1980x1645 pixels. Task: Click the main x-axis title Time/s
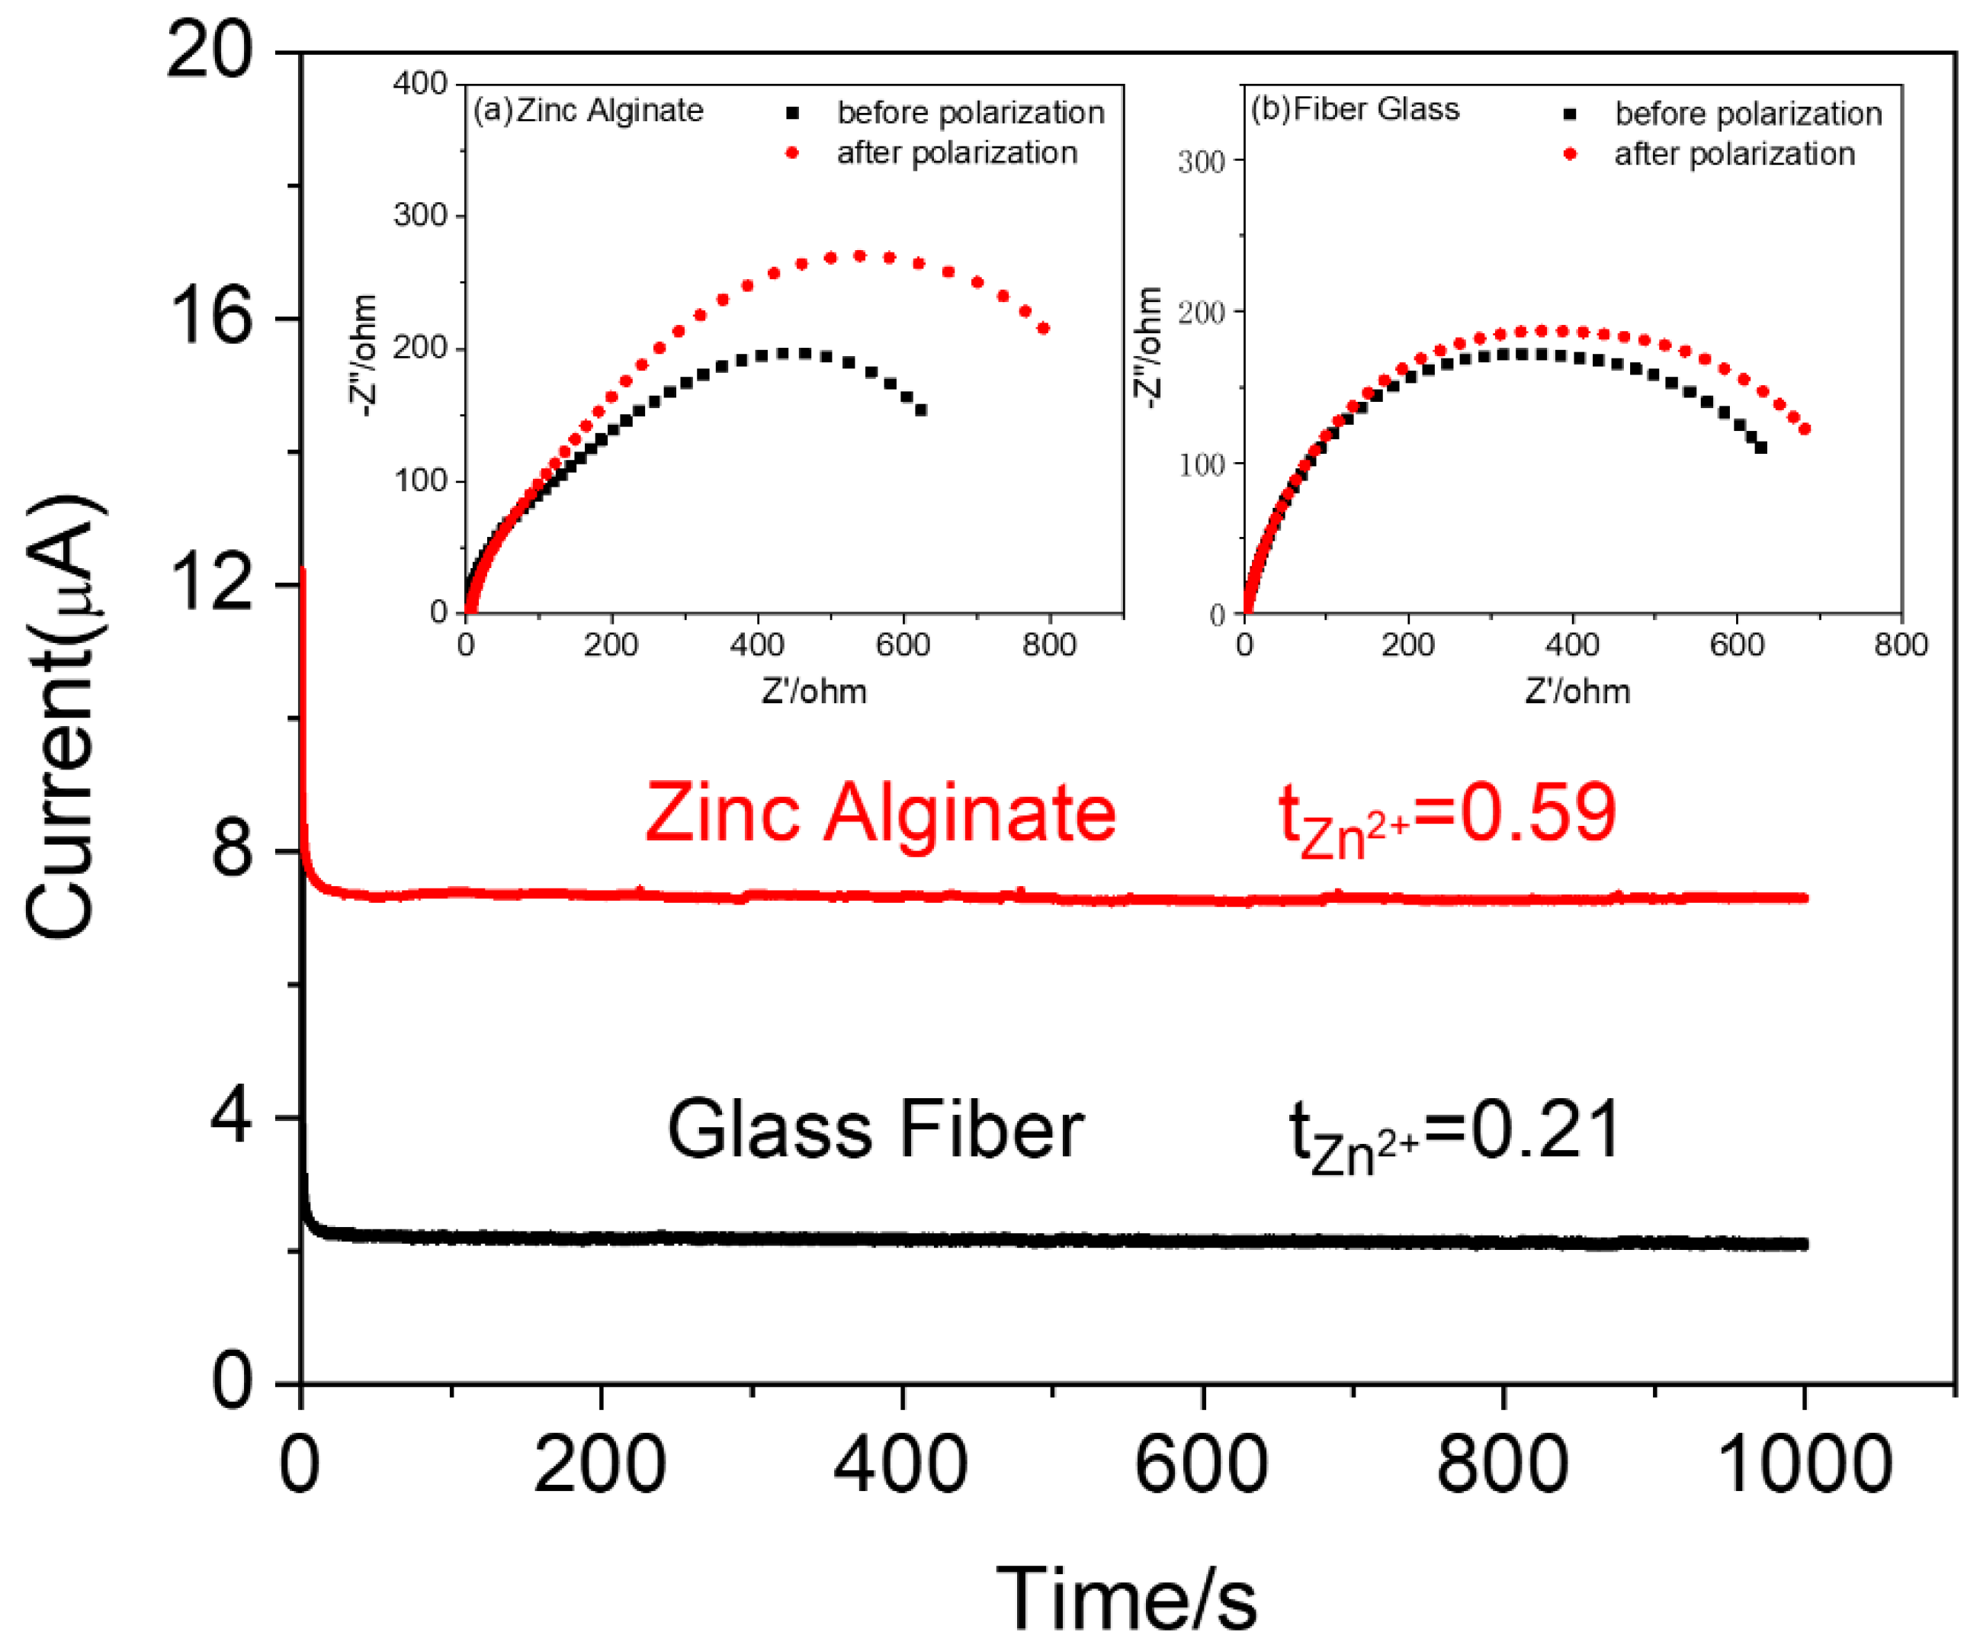[1126, 1598]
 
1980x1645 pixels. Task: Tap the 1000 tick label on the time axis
[1804, 1465]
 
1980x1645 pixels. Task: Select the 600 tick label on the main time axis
[1202, 1465]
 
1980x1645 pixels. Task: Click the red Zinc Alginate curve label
[880, 813]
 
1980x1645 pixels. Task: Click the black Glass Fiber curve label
[875, 1130]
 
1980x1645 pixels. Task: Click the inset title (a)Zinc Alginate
[589, 111]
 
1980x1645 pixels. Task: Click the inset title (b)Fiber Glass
[1355, 109]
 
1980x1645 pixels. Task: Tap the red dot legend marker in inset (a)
[792, 153]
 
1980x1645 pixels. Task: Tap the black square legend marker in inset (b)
[1570, 114]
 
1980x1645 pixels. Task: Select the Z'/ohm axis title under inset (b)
[1577, 692]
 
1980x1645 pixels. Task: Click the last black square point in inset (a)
[921, 410]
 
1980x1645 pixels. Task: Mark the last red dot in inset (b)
[1805, 429]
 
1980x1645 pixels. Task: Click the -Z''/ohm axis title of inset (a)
[364, 355]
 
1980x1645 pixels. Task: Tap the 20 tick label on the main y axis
[210, 52]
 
